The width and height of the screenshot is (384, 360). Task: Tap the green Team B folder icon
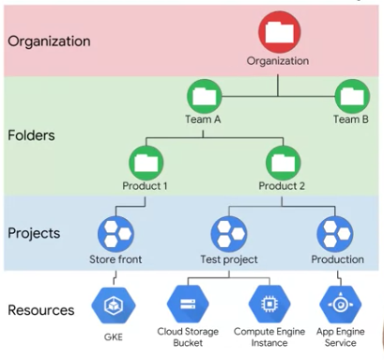351,96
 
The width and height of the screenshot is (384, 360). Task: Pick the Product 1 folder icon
145,162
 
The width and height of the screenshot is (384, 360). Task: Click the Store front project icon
115,232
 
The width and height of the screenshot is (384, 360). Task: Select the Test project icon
228,232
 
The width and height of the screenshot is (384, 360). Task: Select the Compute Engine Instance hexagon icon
266,304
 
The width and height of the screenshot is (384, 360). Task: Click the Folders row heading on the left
33,134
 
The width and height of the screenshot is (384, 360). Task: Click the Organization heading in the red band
49,41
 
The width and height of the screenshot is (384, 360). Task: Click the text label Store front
115,259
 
